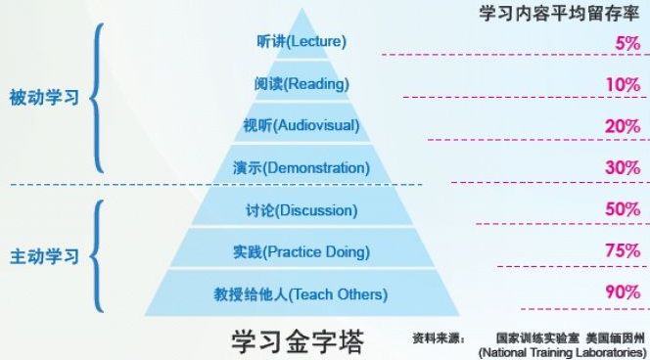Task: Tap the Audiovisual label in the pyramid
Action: pyautogui.click(x=302, y=125)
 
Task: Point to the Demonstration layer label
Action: pyautogui.click(x=302, y=167)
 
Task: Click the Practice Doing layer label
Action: pyautogui.click(x=302, y=251)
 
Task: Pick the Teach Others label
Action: pyautogui.click(x=302, y=293)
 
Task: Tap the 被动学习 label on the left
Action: pyautogui.click(x=44, y=98)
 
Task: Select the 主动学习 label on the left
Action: pyautogui.click(x=44, y=256)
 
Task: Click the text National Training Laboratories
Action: pyautogui.click(x=561, y=352)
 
